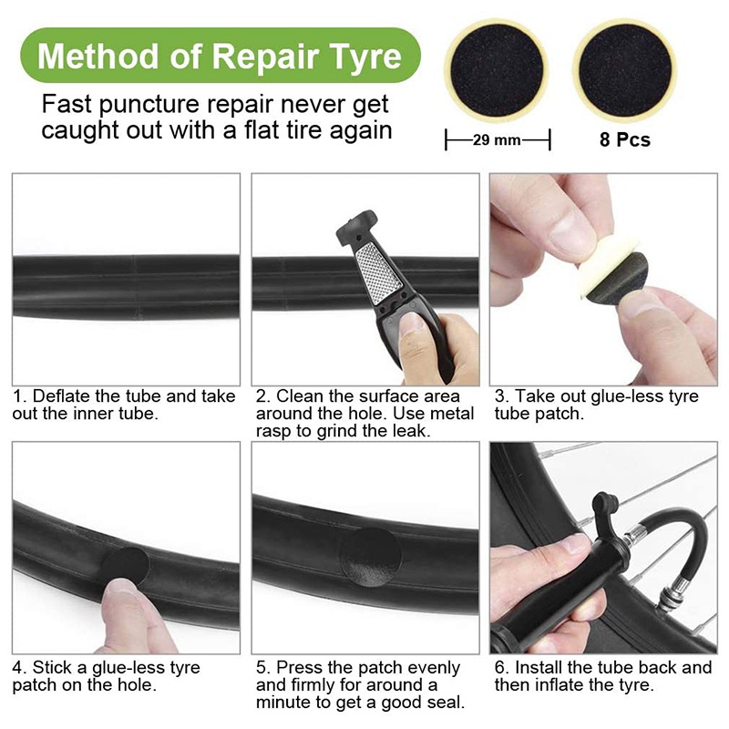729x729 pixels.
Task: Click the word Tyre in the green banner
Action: [x=364, y=57]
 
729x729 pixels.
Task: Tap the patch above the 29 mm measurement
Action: [x=497, y=71]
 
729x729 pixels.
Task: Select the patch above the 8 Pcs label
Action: [x=624, y=71]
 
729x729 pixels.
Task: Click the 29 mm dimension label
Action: [x=497, y=139]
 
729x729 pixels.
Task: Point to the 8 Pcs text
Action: [x=624, y=139]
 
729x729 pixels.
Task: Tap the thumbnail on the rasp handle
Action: [x=413, y=326]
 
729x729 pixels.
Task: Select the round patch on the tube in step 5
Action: [x=371, y=557]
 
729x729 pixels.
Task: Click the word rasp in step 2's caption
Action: [x=274, y=431]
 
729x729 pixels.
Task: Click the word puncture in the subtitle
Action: [x=149, y=105]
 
